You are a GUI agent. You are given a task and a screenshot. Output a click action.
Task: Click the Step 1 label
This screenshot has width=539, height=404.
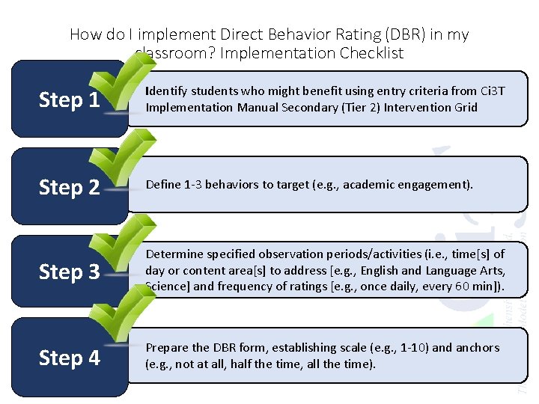point(69,100)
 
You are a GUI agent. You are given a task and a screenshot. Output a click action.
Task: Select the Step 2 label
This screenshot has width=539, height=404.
point(69,187)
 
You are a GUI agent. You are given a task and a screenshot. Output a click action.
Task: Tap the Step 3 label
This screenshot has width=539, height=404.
point(69,272)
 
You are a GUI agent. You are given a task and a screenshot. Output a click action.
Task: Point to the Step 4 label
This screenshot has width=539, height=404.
point(69,358)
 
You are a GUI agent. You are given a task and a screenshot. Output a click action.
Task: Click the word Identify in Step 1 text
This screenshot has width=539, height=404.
point(165,91)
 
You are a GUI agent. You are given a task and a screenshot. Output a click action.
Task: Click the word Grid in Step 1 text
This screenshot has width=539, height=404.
point(463,107)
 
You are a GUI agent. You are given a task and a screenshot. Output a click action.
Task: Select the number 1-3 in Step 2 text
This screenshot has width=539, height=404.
point(193,185)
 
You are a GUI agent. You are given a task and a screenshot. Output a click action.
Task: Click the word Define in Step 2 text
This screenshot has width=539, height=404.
point(162,185)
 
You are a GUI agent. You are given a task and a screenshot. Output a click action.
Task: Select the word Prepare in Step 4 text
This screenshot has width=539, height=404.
point(166,348)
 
